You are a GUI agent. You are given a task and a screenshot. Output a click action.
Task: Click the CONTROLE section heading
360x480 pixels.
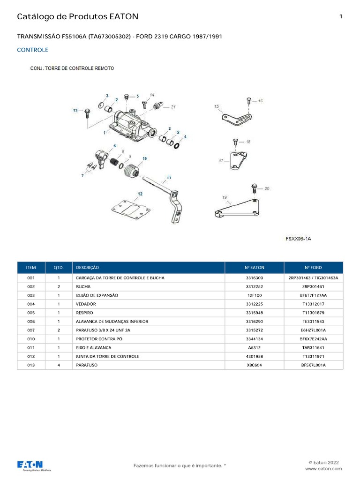pos(32,50)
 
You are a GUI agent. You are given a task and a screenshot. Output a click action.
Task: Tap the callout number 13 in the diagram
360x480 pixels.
pos(75,110)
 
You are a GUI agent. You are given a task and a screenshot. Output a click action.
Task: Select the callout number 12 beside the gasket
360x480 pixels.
pos(140,194)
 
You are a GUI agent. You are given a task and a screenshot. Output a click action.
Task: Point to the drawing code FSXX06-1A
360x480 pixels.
pos(299,239)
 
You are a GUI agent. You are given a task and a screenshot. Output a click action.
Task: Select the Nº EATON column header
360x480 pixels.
pos(254,268)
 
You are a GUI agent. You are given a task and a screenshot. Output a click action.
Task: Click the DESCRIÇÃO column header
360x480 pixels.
pos(87,268)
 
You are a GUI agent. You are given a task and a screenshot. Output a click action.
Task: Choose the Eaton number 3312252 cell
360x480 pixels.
pos(254,286)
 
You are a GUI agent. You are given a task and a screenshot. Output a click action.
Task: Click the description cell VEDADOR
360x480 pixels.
pos(86,304)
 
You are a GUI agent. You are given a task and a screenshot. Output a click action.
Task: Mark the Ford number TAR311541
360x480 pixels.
pos(314,348)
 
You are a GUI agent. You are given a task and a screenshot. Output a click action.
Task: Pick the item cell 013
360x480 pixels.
pos(31,365)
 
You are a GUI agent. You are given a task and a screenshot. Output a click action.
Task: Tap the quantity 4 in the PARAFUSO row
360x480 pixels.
pos(59,365)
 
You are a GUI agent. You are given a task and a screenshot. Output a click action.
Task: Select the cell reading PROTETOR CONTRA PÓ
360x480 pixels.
pos(97,339)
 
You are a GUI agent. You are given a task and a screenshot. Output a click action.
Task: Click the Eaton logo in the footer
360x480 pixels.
pos(34,465)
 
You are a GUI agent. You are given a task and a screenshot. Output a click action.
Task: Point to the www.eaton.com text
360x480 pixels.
pos(323,468)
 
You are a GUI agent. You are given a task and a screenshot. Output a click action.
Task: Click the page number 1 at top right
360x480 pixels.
pos(340,16)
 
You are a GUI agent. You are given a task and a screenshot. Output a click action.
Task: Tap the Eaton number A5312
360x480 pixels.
pos(254,348)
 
